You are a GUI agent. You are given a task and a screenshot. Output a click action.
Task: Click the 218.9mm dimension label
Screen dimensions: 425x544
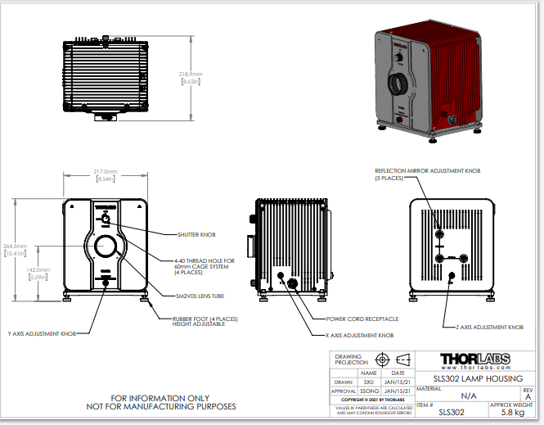coord(191,74)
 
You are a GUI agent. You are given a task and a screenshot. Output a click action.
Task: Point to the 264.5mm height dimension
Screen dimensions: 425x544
coord(16,246)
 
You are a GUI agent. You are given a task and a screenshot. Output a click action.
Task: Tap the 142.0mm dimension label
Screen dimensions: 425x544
coord(38,269)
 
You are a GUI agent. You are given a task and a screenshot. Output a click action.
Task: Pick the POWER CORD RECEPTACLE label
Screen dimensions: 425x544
coord(362,319)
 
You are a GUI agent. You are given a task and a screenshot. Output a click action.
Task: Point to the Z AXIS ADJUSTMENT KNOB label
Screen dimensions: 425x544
coord(489,327)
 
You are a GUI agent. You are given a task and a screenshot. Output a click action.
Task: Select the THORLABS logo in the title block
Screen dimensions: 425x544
coord(474,359)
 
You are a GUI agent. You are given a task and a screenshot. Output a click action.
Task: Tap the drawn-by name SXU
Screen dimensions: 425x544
coord(368,381)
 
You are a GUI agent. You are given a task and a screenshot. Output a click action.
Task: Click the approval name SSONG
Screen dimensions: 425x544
coord(368,391)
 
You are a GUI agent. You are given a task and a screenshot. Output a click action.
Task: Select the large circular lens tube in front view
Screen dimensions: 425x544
coord(106,246)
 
